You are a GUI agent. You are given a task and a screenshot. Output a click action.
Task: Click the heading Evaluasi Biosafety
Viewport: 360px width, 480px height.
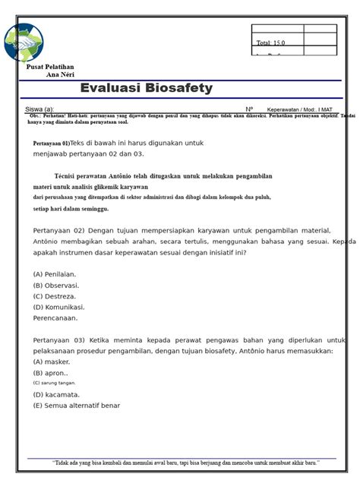[147, 89]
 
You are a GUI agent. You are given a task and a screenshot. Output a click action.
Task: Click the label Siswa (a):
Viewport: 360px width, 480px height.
[39, 109]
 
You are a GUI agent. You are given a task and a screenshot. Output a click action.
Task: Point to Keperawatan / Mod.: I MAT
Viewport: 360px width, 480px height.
[299, 109]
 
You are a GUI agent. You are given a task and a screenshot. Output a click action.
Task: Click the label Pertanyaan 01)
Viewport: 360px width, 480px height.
[51, 144]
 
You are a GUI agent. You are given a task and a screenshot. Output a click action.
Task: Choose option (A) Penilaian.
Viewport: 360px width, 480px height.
[55, 273]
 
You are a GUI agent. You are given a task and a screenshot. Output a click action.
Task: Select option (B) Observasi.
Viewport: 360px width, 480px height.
[56, 285]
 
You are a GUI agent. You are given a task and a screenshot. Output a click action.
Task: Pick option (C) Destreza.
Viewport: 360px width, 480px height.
[55, 296]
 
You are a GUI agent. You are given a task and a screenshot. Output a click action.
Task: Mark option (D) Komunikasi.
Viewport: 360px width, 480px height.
[59, 308]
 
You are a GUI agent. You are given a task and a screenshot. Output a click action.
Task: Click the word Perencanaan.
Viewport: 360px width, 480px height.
[57, 318]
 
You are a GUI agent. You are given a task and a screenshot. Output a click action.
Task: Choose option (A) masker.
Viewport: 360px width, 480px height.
[50, 362]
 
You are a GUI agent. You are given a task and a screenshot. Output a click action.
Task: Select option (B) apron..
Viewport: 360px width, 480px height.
[50, 373]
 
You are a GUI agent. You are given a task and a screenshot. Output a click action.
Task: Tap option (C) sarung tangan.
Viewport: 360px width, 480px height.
[54, 384]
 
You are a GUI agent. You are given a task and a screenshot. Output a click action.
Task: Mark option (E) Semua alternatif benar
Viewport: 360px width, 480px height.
[77, 406]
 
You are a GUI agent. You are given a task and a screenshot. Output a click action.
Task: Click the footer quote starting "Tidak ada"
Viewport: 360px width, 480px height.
[185, 463]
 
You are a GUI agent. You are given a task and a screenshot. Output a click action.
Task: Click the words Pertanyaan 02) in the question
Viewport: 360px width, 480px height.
[58, 230]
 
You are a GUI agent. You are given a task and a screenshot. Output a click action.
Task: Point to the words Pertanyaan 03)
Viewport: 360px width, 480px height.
[58, 340]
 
